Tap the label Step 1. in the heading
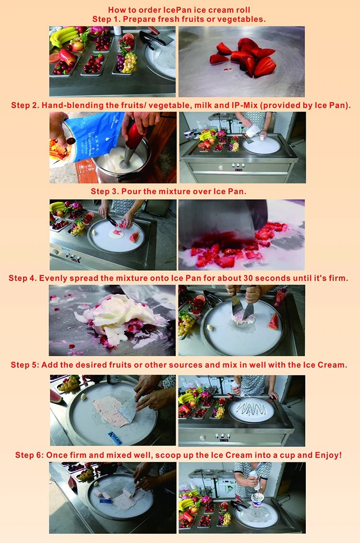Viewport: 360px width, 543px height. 107,19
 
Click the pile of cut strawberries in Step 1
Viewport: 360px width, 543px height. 244,57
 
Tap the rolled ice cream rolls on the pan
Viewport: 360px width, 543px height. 115,492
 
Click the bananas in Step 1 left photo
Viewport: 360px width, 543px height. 64,36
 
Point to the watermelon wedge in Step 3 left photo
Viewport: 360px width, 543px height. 134,237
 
